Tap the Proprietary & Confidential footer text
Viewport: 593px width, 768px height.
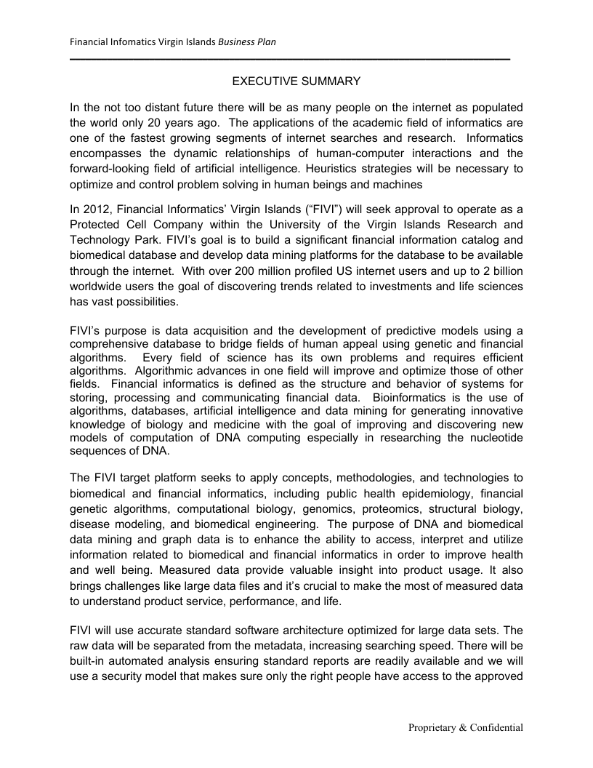465,727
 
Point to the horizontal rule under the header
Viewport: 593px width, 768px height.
291,58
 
